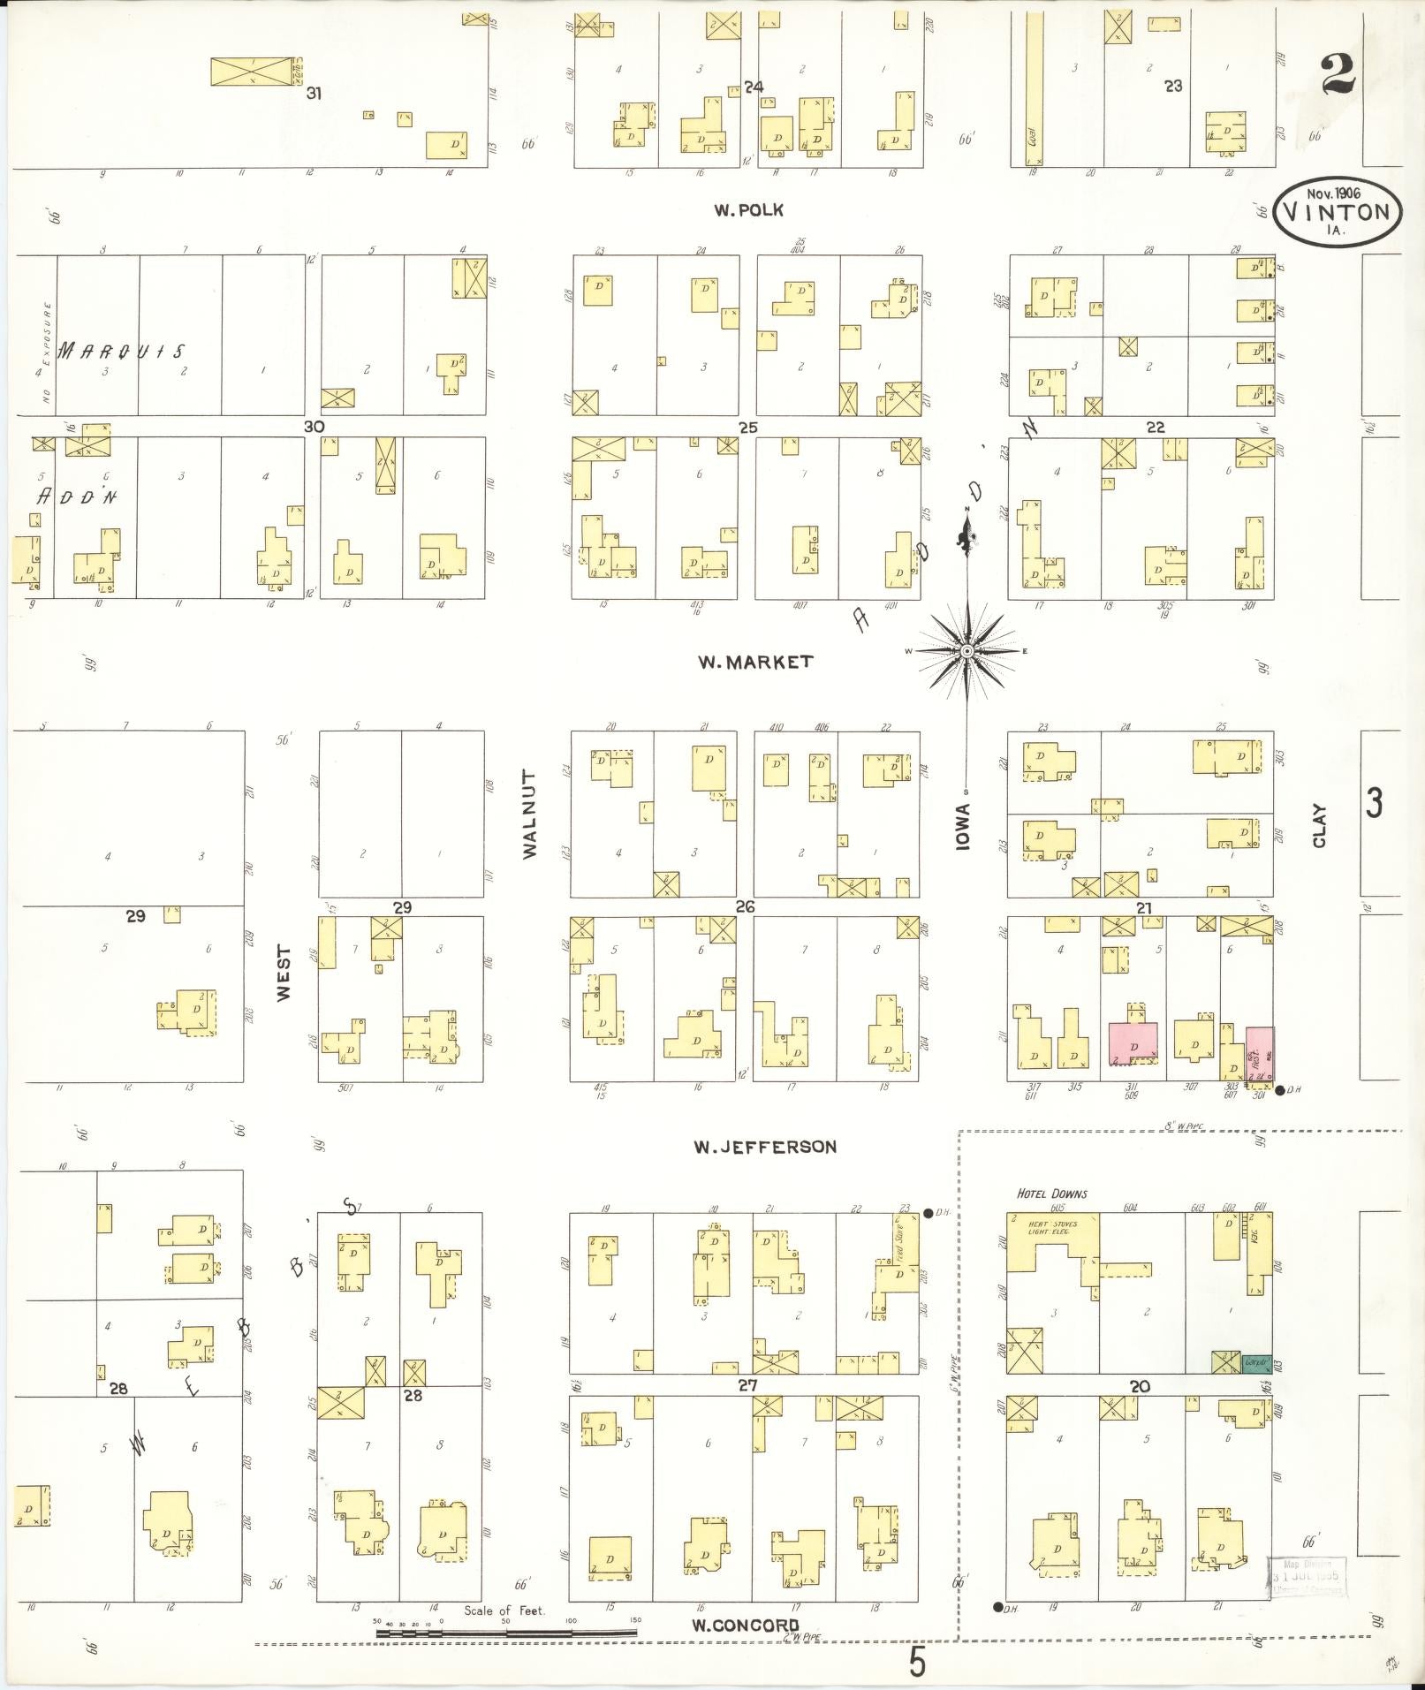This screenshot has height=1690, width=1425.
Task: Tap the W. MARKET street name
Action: (754, 662)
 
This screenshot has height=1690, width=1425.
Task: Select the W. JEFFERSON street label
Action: (764, 1147)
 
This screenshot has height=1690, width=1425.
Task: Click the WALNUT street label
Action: (529, 815)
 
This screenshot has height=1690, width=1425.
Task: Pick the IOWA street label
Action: (962, 827)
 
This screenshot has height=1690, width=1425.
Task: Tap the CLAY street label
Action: (1320, 825)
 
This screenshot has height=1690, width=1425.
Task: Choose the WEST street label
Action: (284, 973)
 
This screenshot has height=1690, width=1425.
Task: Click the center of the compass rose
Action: (967, 651)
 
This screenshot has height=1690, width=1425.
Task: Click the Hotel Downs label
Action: (1051, 1194)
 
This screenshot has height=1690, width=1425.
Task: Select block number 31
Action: (313, 93)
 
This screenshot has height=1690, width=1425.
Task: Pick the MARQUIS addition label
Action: (122, 352)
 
